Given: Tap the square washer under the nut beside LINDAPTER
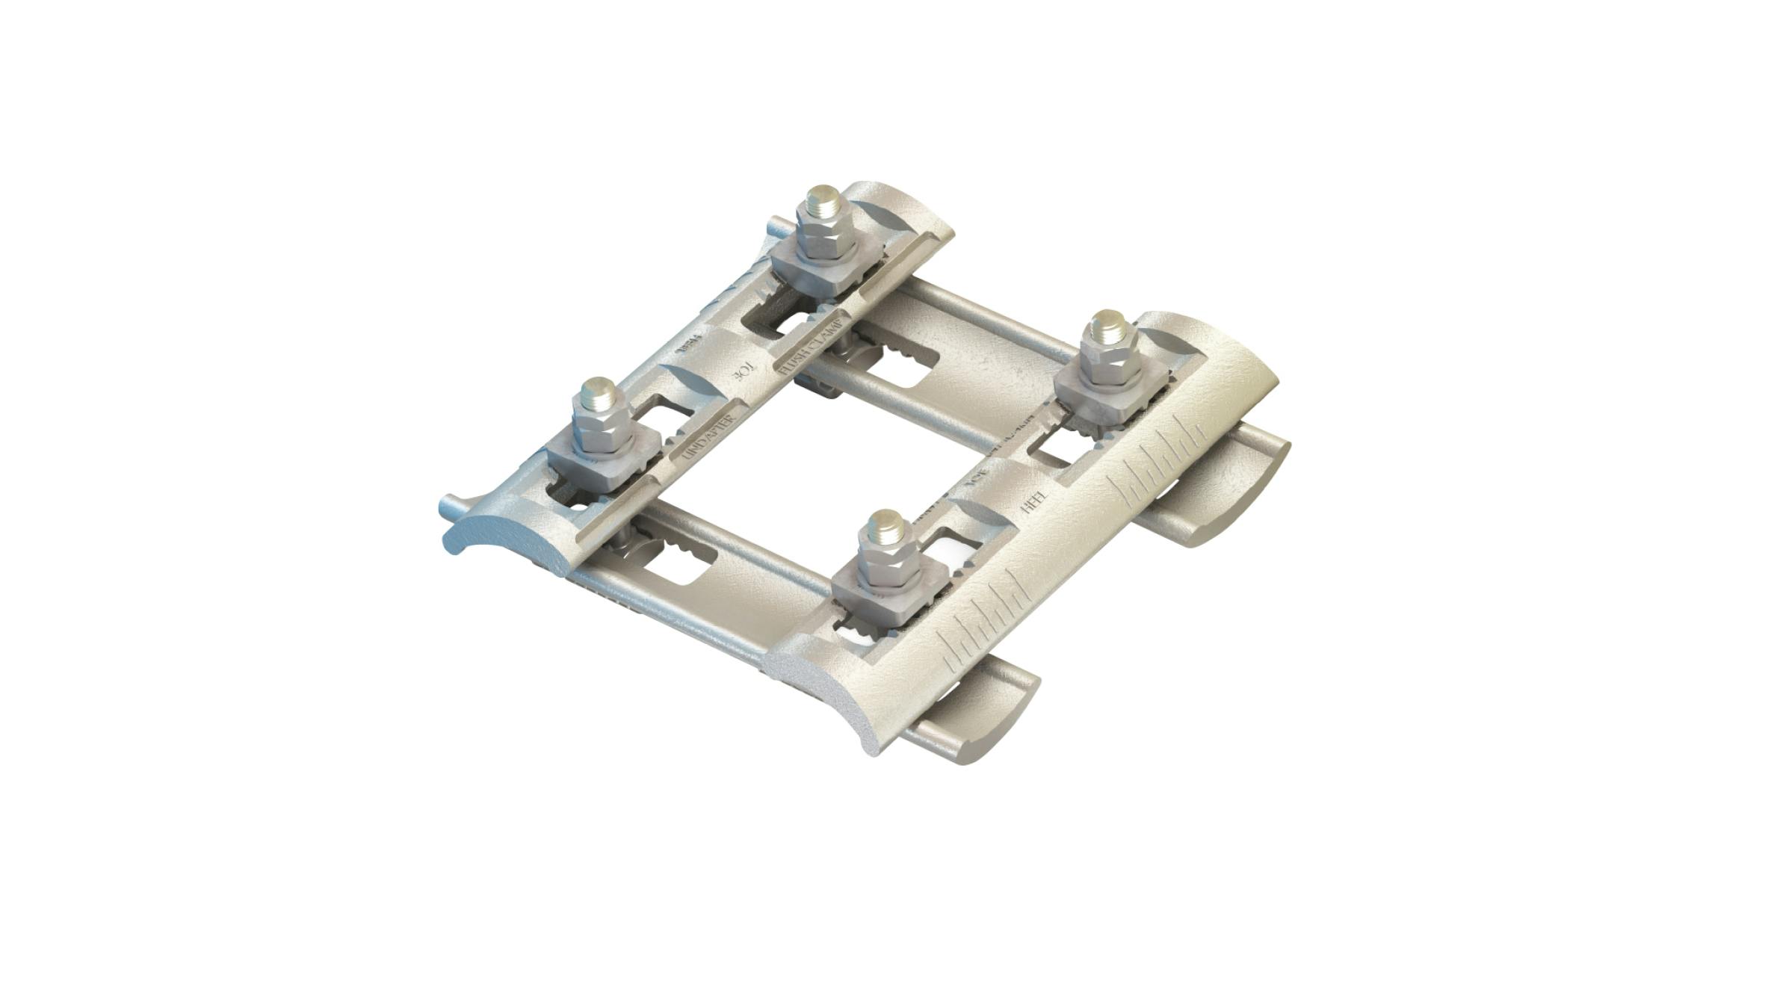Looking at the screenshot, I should point(598,463).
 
